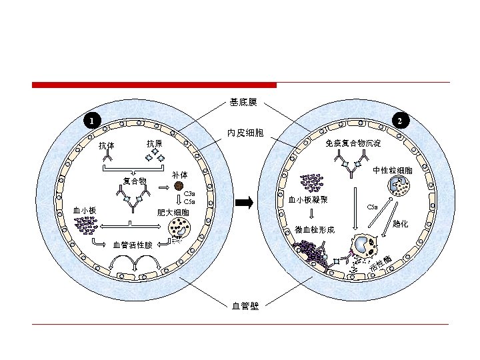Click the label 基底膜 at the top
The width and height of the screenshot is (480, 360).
pos(243,103)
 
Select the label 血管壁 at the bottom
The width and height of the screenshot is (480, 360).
pos(245,306)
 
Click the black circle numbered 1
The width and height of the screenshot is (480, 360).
pos(92,121)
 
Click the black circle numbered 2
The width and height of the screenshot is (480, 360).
pos(398,121)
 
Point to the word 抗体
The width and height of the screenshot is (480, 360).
pos(107,146)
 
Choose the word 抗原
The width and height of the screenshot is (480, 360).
pos(155,143)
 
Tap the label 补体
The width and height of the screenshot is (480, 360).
pos(179,175)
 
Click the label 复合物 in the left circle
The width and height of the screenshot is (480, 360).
pos(135,181)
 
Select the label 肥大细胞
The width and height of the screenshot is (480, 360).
pos(173,213)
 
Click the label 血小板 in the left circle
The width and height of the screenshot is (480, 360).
pos(84,211)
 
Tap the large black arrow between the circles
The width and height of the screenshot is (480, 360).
pos(245,203)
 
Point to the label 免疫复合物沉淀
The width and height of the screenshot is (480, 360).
pos(353,143)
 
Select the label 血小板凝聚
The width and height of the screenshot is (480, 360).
pos(307,199)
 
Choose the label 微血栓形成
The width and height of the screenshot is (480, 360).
pos(314,230)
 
